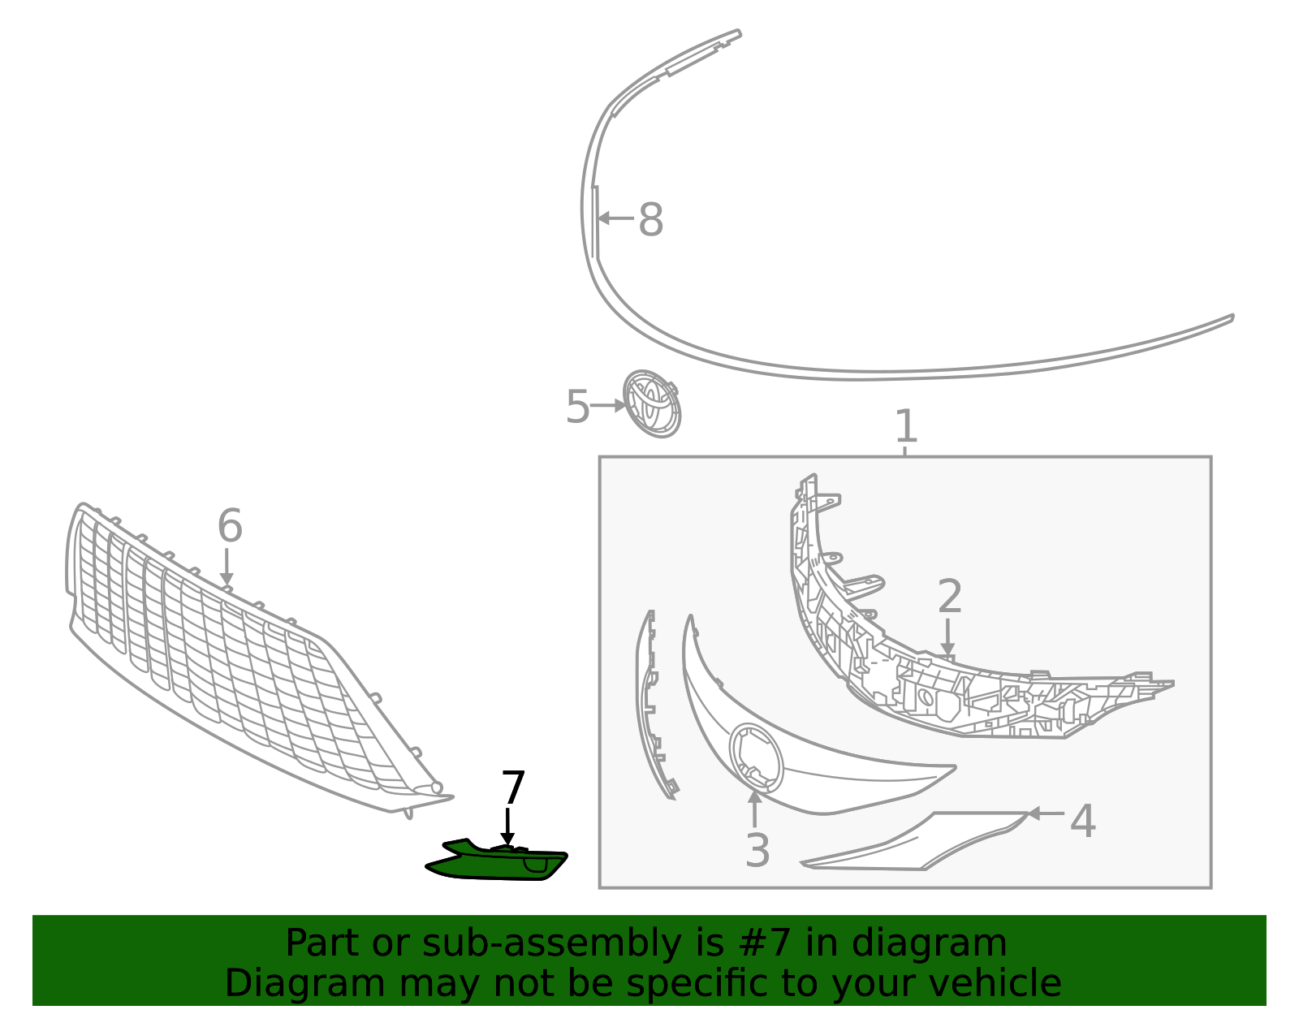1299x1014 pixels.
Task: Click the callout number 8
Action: (650, 219)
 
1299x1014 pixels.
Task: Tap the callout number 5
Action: (577, 407)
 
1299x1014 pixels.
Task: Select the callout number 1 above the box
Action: (906, 426)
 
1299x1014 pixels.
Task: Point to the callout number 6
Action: (230, 526)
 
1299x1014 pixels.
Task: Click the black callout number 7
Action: (513, 788)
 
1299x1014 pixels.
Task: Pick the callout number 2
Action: (949, 596)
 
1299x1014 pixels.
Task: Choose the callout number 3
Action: (757, 850)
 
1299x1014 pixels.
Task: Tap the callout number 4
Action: (1082, 822)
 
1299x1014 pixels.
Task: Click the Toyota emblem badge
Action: (652, 404)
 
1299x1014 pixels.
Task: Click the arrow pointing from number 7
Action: (507, 827)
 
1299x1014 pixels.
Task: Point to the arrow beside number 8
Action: (615, 218)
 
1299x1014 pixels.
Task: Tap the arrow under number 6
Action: (227, 567)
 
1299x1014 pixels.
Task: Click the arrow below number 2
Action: (947, 637)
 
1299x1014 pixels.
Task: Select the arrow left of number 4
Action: (1047, 813)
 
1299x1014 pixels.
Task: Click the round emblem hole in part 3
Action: (756, 758)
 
